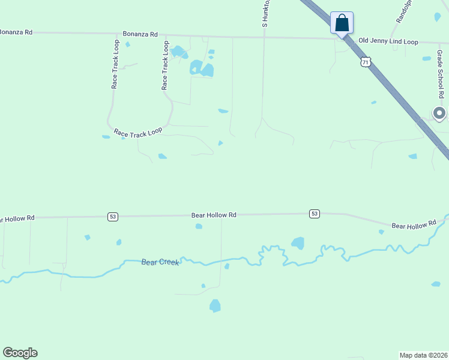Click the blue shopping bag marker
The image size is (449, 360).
coord(342,23)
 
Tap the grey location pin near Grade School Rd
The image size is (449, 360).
coord(439,113)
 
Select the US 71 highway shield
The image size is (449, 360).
coord(366,62)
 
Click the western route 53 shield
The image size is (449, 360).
coord(113,216)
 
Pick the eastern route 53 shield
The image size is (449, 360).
coord(314,214)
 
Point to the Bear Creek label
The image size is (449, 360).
coord(160,262)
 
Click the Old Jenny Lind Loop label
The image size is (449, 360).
coord(388,41)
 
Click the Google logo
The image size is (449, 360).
coord(20,353)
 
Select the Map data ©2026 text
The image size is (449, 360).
coord(423,355)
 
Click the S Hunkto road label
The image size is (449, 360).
coord(265,13)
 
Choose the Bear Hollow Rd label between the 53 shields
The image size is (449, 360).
coord(214,214)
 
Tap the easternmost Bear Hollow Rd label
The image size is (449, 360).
coord(414,225)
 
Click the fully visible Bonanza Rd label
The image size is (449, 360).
coord(140,35)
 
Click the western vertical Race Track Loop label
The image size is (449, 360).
coord(115,65)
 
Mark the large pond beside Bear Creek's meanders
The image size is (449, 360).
coord(297,243)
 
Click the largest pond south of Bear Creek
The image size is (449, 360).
coord(215,306)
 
